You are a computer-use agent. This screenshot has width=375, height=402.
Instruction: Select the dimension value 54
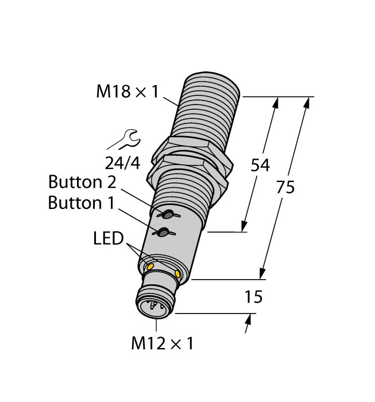pos(261,165)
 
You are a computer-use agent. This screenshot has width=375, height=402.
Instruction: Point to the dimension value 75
pos(285,187)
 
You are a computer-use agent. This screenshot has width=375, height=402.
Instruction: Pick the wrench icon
pos(124,140)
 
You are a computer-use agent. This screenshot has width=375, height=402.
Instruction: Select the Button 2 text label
pos(83,183)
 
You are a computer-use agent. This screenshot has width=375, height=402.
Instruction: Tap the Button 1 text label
pos(83,203)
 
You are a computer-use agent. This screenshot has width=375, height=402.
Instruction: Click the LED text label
pos(109,239)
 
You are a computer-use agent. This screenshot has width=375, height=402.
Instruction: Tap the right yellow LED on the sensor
pos(178,276)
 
